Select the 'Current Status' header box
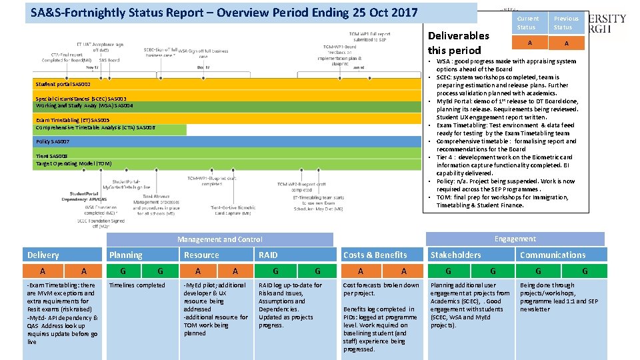click(x=528, y=23)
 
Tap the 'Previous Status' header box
click(x=566, y=23)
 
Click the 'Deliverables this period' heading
click(x=459, y=43)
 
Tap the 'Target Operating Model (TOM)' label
click(x=73, y=163)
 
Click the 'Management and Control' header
click(x=219, y=239)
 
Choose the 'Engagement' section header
click(x=515, y=239)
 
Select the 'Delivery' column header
click(x=43, y=255)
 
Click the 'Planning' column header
click(x=125, y=255)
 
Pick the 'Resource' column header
click(x=201, y=255)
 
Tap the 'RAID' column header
click(x=268, y=255)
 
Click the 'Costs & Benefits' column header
click(x=375, y=255)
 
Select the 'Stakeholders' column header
click(x=455, y=255)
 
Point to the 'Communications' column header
click(x=553, y=255)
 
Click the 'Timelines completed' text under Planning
click(x=137, y=285)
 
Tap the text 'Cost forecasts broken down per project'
click(x=381, y=289)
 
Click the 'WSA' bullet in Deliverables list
click(x=507, y=65)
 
